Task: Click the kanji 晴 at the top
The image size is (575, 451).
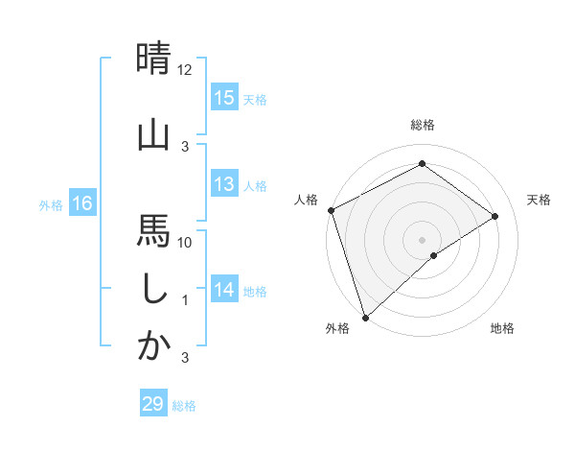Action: [x=153, y=59]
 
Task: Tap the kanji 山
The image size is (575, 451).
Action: [x=153, y=134]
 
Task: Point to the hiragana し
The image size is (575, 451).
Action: [x=153, y=289]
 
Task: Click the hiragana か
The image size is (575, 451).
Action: [x=153, y=346]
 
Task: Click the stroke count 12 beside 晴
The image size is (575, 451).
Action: [x=185, y=70]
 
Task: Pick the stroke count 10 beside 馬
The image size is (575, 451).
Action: [x=185, y=242]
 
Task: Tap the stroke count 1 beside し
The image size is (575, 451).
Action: [x=185, y=300]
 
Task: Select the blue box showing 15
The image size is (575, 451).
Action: [x=223, y=97]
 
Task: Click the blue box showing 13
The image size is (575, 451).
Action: [x=223, y=184]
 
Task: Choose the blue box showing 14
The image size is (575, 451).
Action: [x=223, y=290]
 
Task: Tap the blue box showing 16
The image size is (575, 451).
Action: [x=81, y=203]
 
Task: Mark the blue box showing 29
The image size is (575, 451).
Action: [x=152, y=404]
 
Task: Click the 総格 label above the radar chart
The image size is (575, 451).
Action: [x=422, y=125]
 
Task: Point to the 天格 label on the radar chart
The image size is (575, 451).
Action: [x=539, y=200]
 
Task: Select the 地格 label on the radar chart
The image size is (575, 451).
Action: [x=502, y=328]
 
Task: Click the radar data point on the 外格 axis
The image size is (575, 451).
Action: [x=365, y=317]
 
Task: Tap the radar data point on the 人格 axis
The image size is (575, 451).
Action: [x=331, y=210]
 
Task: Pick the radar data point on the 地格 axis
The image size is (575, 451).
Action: [x=434, y=255]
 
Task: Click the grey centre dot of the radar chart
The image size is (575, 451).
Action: [x=422, y=239]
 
